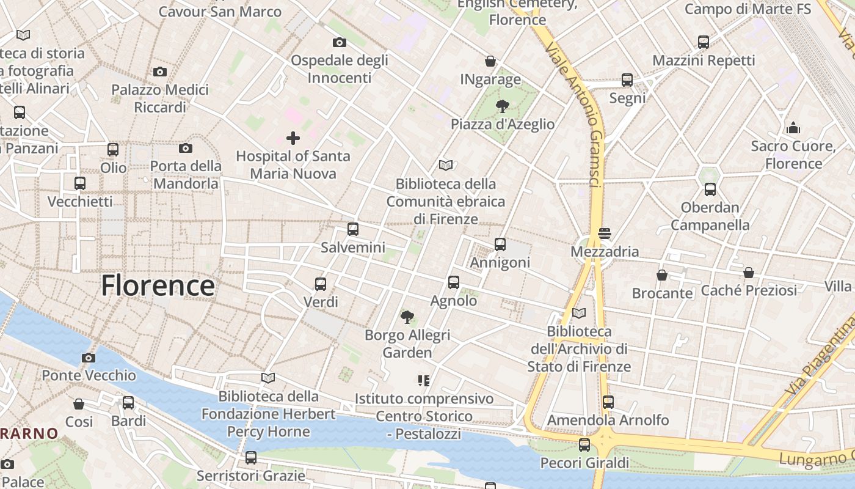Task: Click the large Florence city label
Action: (158, 285)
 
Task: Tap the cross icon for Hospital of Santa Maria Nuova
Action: (293, 138)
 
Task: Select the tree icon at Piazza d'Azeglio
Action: (502, 106)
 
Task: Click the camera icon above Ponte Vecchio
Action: (89, 358)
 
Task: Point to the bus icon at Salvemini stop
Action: (353, 229)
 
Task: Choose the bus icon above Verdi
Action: (321, 284)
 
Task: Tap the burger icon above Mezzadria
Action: (605, 233)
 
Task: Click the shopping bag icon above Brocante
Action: (662, 275)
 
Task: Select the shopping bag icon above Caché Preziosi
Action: (749, 273)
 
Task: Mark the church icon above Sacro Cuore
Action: (793, 128)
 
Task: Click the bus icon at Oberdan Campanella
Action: (710, 189)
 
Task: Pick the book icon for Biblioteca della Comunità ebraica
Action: (446, 165)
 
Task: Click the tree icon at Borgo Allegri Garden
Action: (407, 317)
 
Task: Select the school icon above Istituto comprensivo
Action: (424, 381)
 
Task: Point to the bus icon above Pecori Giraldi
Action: (584, 445)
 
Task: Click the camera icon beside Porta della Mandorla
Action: (186, 148)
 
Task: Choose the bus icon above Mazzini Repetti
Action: (704, 42)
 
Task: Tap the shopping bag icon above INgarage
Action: (490, 61)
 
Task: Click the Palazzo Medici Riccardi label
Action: (160, 98)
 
